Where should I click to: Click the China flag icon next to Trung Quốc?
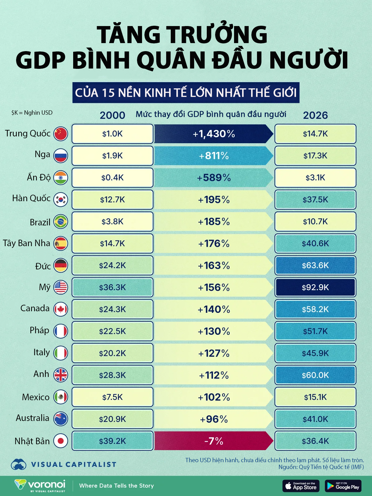(60, 134)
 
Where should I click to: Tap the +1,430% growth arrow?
(214, 134)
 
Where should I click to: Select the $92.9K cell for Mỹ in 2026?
(315, 287)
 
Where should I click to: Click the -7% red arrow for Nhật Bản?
(214, 441)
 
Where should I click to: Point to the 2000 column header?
(112, 115)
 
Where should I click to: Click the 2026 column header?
(315, 115)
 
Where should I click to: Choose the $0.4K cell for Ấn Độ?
(112, 178)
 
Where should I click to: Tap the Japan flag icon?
(60, 441)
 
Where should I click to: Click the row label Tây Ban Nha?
(26, 243)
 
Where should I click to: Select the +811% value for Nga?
(214, 156)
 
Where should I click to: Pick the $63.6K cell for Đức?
(315, 265)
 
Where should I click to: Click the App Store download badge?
(301, 486)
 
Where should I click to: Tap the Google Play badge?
(343, 486)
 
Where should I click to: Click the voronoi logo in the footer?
(40, 485)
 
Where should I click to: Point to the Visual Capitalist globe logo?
(18, 464)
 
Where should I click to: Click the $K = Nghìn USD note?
(32, 113)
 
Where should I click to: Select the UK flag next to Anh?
(60, 375)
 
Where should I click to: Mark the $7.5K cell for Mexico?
(112, 397)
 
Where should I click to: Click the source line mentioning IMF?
(321, 467)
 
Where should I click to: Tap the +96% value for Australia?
(214, 419)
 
